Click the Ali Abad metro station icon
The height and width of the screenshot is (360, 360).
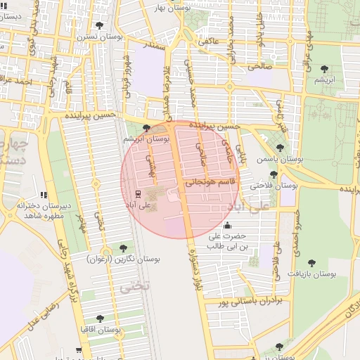137,194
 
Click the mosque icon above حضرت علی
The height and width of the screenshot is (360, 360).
226,226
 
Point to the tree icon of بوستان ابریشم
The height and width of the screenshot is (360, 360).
146,128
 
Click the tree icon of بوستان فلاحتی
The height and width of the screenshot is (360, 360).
273,174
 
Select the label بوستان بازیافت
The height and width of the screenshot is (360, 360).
313,274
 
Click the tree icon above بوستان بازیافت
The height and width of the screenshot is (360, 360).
311,263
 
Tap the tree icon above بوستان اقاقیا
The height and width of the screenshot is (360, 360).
99,319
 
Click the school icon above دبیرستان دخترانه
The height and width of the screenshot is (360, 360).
44,195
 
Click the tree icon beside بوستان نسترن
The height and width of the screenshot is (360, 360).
96,25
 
